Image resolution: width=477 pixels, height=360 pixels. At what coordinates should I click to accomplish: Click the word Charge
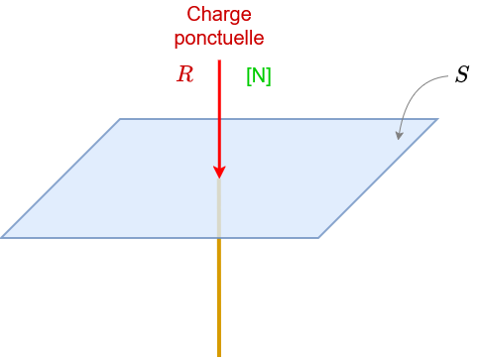pyautogui.click(x=219, y=16)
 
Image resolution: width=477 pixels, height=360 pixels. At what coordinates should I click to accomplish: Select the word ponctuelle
pyautogui.click(x=219, y=38)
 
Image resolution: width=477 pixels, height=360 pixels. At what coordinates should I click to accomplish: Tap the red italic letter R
pyautogui.click(x=184, y=74)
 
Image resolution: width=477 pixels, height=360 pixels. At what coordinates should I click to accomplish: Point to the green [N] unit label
pyautogui.click(x=258, y=75)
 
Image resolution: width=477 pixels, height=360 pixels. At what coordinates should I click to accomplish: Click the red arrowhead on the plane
pyautogui.click(x=219, y=172)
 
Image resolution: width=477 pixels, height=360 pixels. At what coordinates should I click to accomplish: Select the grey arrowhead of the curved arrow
pyautogui.click(x=400, y=134)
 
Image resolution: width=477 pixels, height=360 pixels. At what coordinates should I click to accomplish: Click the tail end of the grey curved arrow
pyautogui.click(x=448, y=76)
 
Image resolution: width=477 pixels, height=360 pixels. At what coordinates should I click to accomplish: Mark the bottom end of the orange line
pyautogui.click(x=219, y=353)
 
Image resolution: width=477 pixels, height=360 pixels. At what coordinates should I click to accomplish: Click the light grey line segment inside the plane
pyautogui.click(x=219, y=208)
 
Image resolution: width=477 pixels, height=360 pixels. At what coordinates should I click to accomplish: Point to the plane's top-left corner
pyautogui.click(x=120, y=119)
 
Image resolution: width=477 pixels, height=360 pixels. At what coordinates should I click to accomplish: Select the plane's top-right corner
pyautogui.click(x=437, y=119)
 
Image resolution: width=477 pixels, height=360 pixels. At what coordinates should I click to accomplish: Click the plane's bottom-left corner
pyautogui.click(x=2, y=237)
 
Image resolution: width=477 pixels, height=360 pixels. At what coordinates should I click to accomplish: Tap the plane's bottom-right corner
pyautogui.click(x=318, y=237)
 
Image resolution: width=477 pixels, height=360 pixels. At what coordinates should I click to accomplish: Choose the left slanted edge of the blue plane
pyautogui.click(x=60, y=179)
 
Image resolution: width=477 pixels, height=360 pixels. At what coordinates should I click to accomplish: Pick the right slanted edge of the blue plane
pyautogui.click(x=378, y=179)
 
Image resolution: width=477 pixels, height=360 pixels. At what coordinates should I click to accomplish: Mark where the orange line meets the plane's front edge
pyautogui.click(x=219, y=237)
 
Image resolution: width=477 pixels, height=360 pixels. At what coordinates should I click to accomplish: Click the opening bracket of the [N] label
pyautogui.click(x=248, y=75)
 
